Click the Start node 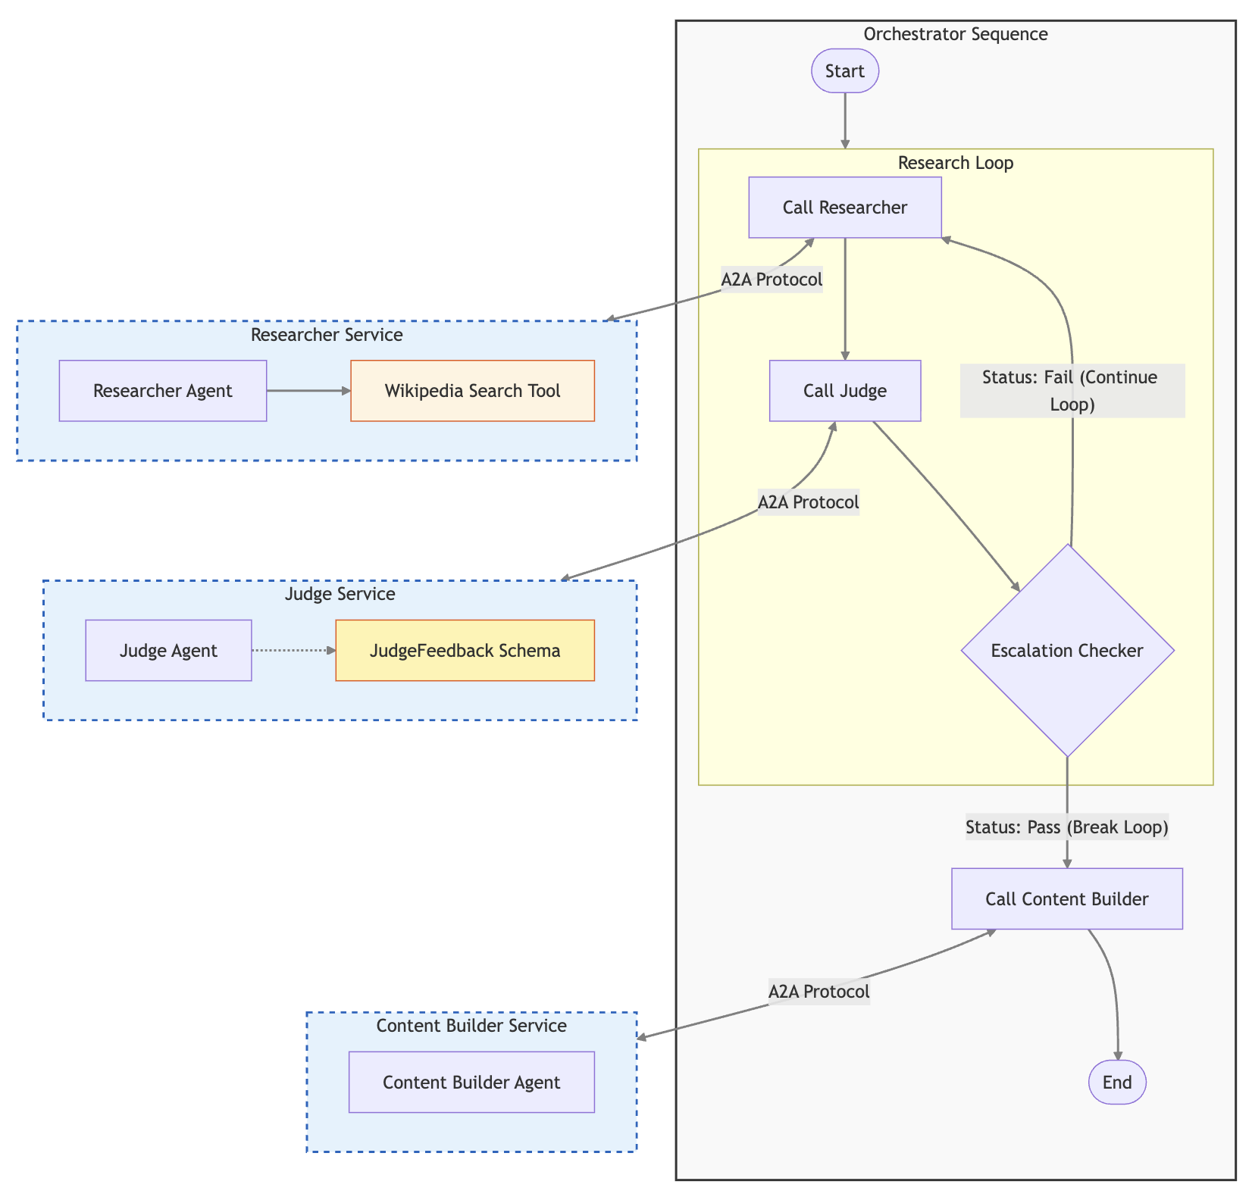(844, 71)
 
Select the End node (1116, 1082)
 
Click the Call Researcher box (844, 208)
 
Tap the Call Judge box (844, 391)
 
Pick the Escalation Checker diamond (1066, 651)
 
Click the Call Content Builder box (1066, 899)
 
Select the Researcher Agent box (162, 391)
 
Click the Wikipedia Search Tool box (472, 391)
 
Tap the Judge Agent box (168, 651)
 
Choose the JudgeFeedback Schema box (465, 651)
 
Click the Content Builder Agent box (471, 1082)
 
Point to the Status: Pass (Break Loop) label (1066, 827)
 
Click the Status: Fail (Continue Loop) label (1072, 391)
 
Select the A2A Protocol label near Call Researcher (772, 280)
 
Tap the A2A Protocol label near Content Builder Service (818, 992)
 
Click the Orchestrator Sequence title (955, 34)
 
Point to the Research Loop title (955, 163)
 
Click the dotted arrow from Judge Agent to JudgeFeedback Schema (293, 651)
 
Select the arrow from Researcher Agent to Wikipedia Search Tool (308, 391)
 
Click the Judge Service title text (340, 594)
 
